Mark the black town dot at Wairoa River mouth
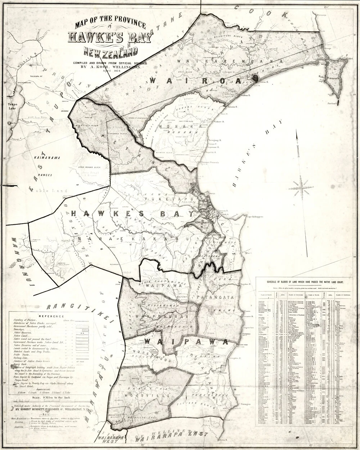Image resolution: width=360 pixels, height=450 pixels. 256,78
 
